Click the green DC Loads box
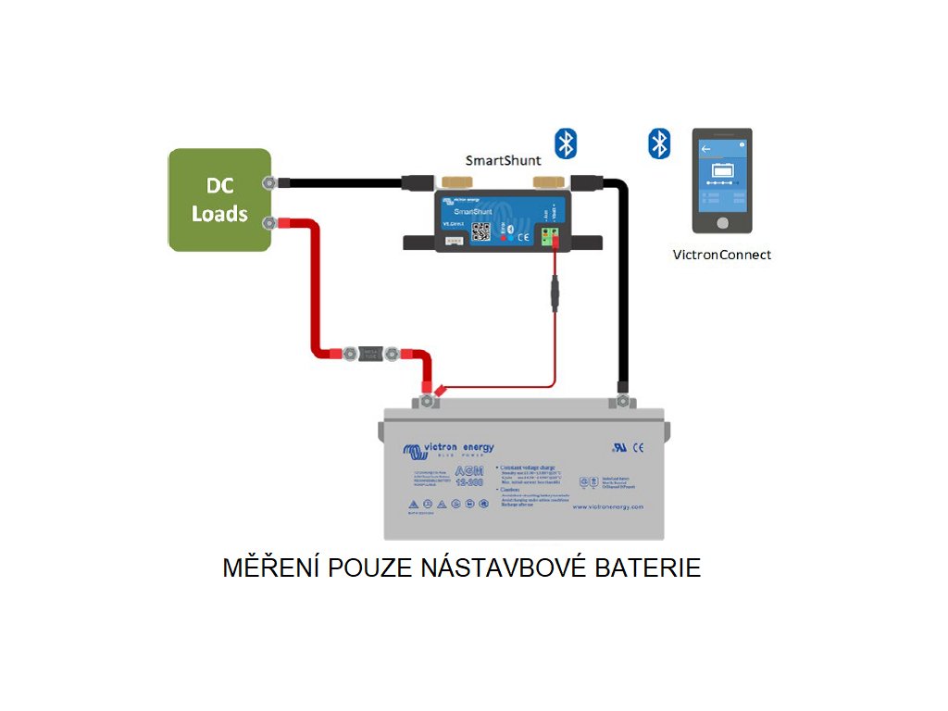point(219,200)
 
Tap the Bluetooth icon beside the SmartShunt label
point(565,143)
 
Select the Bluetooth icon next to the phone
point(658,143)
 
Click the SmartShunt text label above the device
point(503,160)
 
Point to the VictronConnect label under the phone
point(721,255)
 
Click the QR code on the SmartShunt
point(480,231)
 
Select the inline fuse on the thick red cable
point(370,353)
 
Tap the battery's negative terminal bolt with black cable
point(622,401)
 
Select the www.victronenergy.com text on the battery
point(607,506)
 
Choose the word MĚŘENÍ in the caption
point(268,568)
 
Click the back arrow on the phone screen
point(705,148)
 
